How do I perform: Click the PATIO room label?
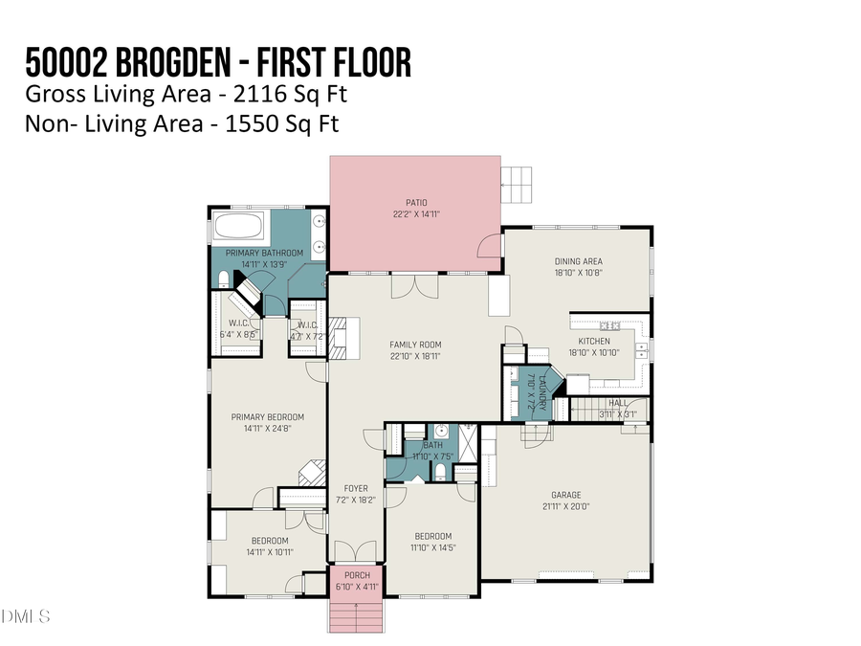tap(415, 202)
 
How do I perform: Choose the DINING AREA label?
tap(578, 261)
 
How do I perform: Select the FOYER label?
tap(355, 488)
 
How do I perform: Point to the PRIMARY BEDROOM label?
tap(267, 416)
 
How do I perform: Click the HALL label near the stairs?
tap(619, 404)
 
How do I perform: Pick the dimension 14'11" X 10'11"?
tap(267, 552)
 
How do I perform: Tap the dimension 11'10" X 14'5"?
tap(432, 548)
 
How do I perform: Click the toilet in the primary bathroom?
tap(224, 279)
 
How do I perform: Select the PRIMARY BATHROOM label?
tap(264, 253)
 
